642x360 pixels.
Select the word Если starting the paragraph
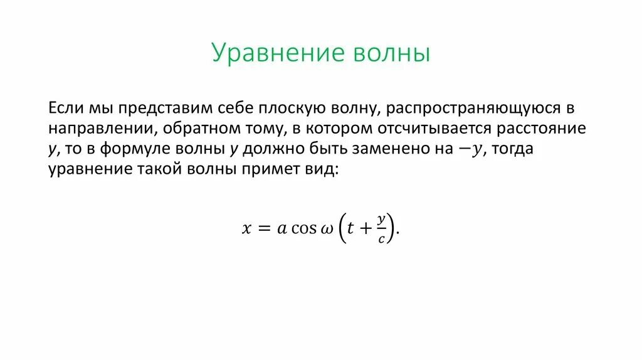click(x=65, y=108)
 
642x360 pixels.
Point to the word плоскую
click(x=293, y=108)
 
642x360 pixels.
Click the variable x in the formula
click(x=246, y=230)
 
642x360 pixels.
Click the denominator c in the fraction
click(x=381, y=240)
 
